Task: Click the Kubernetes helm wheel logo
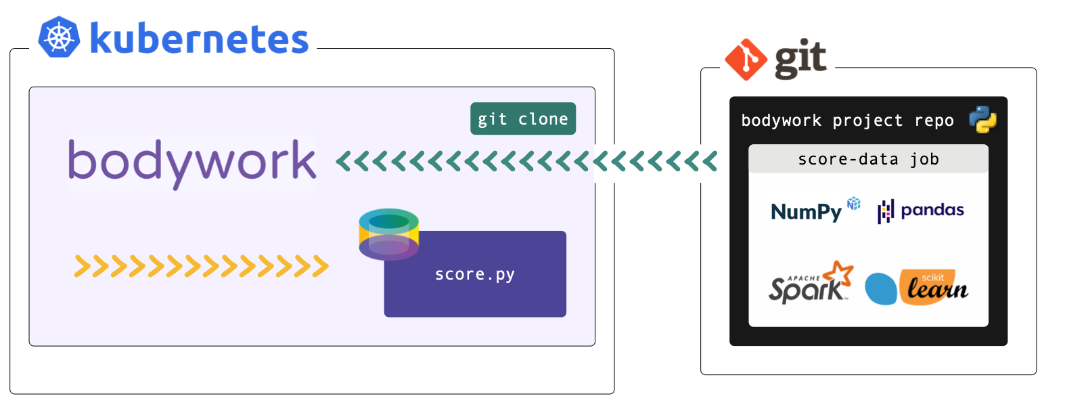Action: [x=59, y=37]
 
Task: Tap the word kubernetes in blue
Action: [x=199, y=39]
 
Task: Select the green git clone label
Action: [x=523, y=118]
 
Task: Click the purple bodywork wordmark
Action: [x=191, y=162]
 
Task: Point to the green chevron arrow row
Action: [x=526, y=162]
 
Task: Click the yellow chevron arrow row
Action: [x=201, y=267]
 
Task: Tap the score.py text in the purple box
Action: [x=475, y=274]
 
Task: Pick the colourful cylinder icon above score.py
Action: [x=388, y=234]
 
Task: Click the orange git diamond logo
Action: [x=746, y=60]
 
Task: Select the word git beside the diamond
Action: [x=800, y=59]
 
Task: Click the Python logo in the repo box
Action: [x=982, y=120]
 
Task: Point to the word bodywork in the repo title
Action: [x=781, y=121]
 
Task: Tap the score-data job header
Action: [x=868, y=159]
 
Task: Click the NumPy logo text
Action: [x=806, y=212]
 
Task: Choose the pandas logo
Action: [x=921, y=211]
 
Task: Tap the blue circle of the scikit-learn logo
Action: [x=881, y=288]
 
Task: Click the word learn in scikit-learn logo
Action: [x=938, y=290]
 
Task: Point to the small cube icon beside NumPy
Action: [x=854, y=203]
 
